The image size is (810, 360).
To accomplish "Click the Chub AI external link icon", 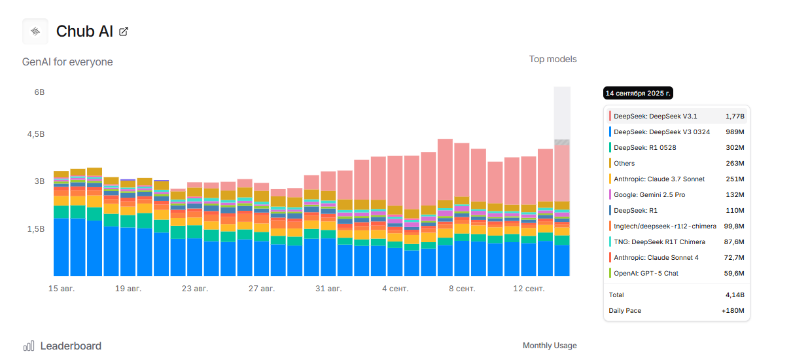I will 124,31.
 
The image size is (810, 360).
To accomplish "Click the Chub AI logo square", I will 35,31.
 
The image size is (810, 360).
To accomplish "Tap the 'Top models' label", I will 553,60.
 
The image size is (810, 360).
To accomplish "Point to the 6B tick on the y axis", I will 39,92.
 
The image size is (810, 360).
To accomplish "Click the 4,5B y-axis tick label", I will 35,134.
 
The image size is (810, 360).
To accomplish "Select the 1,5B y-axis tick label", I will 35,229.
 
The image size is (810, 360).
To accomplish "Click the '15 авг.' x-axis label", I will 62,289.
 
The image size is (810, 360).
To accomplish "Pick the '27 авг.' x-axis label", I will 262,289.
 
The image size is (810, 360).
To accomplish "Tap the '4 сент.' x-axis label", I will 395,289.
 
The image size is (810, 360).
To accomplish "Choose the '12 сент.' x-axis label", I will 529,289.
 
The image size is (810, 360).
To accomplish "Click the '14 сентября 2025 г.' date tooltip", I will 638,94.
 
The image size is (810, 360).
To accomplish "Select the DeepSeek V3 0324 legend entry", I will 661,132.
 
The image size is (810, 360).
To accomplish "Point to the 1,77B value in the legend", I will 734,117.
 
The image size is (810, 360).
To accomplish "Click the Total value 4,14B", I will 734,295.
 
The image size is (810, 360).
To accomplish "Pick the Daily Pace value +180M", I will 733,311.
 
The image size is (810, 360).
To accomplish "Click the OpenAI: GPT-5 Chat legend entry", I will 644,274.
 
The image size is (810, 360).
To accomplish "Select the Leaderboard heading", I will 71,346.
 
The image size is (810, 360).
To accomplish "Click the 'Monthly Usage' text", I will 550,346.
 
